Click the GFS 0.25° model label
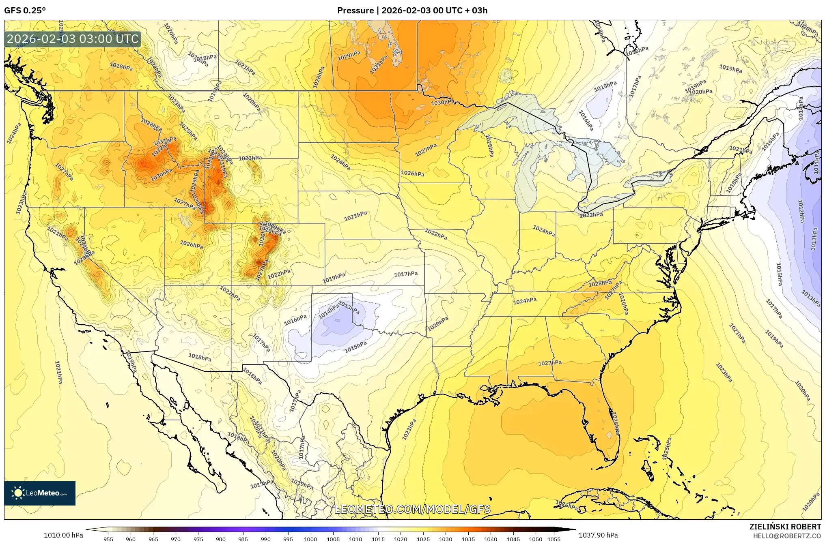click(25, 11)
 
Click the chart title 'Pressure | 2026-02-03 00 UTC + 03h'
click(412, 11)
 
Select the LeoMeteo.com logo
click(40, 493)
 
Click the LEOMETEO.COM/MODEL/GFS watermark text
click(412, 509)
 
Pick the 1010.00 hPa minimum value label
click(63, 535)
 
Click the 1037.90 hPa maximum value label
click(599, 535)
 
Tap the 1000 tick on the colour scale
click(310, 539)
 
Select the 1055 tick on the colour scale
click(554, 539)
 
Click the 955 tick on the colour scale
click(108, 539)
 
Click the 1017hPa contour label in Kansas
click(406, 274)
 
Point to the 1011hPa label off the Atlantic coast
click(814, 239)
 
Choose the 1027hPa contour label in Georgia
click(550, 363)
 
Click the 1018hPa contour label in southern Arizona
click(200, 357)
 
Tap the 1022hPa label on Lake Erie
click(591, 215)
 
